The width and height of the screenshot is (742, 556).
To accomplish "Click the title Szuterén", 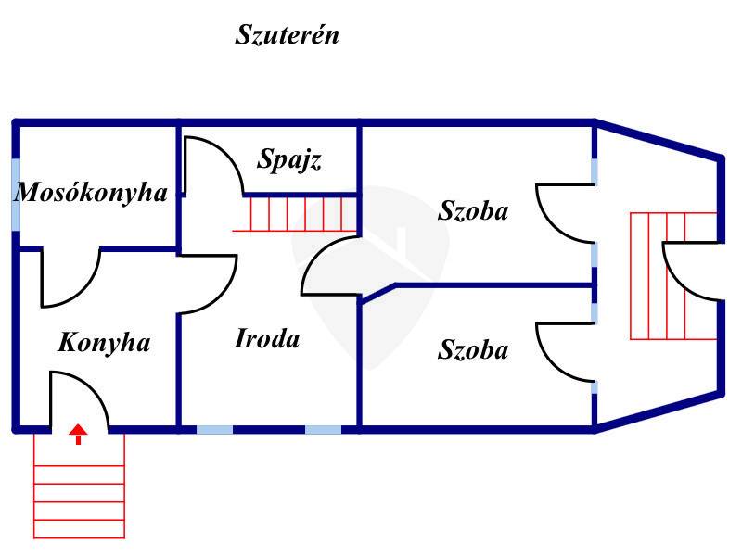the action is [288, 34].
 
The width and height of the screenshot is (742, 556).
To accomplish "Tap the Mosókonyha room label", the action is [91, 193].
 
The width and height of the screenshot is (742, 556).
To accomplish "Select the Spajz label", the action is [289, 159].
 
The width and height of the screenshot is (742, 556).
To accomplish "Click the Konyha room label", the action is [104, 342].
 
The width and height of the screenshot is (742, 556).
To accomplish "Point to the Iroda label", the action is [267, 338].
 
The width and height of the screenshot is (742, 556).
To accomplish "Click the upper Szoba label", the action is [473, 210].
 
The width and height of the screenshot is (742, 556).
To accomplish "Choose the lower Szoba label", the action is [473, 350].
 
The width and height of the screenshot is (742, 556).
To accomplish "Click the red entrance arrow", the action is [79, 435].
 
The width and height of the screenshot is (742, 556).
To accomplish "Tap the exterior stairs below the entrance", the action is [79, 486].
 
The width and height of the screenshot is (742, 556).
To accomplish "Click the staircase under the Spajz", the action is [294, 214].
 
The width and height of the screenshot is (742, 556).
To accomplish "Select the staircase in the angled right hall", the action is [673, 276].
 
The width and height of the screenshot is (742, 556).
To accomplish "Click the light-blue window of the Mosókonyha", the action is [16, 195].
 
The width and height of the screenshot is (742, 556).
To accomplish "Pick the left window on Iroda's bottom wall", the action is [214, 430].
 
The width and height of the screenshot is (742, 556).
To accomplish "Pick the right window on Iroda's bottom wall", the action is [323, 430].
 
